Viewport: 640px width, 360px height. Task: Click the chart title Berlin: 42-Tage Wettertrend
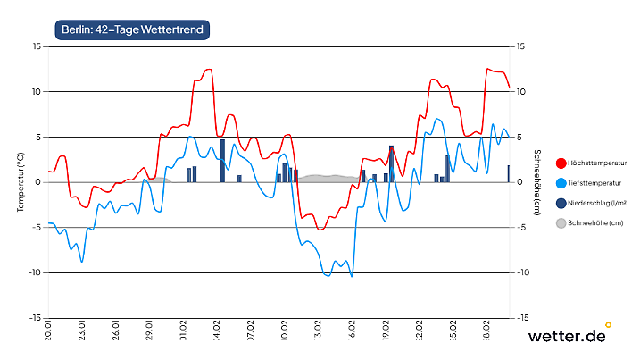pos(132,30)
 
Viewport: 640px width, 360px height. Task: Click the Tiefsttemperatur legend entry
pos(590,182)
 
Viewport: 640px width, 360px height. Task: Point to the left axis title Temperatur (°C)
pos(21,181)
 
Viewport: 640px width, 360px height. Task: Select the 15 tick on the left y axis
pos(36,46)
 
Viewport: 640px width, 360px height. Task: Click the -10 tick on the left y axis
pos(34,272)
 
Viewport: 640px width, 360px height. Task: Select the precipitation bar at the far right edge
pos(509,173)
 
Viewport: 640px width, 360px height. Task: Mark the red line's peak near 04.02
pos(208,70)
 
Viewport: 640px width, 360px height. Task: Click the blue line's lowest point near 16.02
pos(352,276)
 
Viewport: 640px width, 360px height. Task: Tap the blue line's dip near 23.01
pos(81,261)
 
